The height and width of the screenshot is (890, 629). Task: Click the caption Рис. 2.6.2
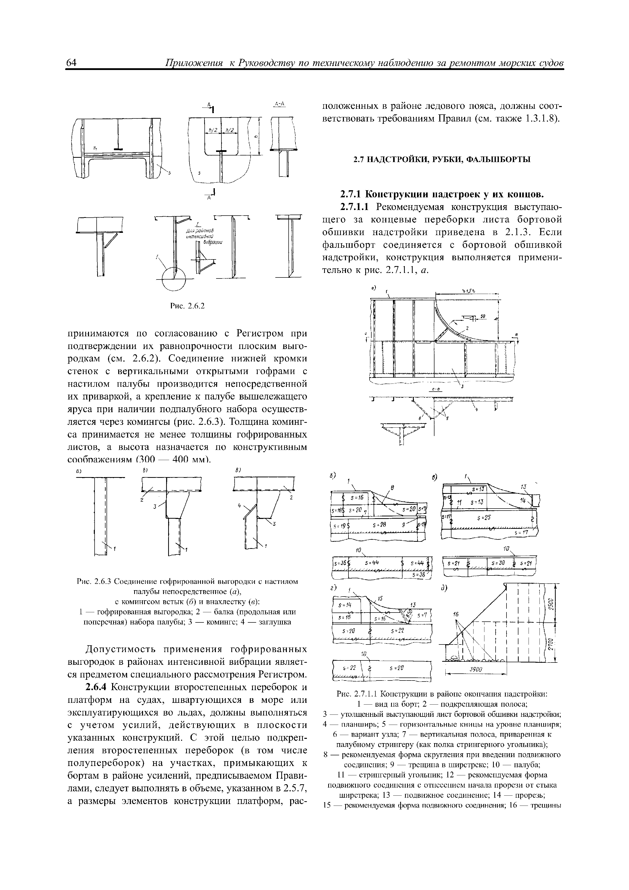(187, 306)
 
